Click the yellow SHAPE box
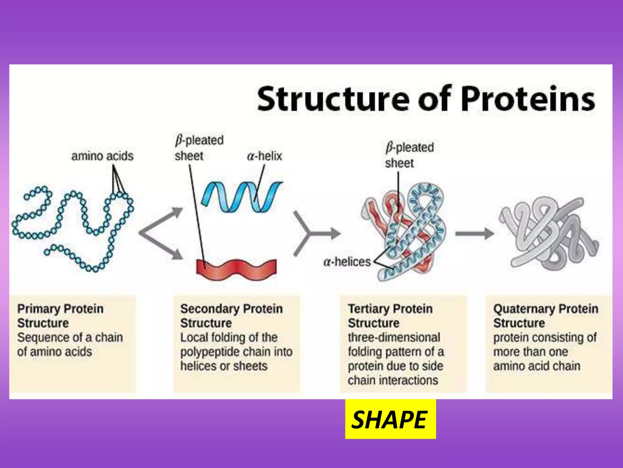click(x=390, y=419)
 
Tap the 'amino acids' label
click(x=102, y=156)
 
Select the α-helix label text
click(x=264, y=156)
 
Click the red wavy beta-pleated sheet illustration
click(x=237, y=270)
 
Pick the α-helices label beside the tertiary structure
click(x=347, y=262)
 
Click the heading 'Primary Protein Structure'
click(x=60, y=316)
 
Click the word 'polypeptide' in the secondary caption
click(x=210, y=352)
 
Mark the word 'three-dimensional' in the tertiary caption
click(x=394, y=337)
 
